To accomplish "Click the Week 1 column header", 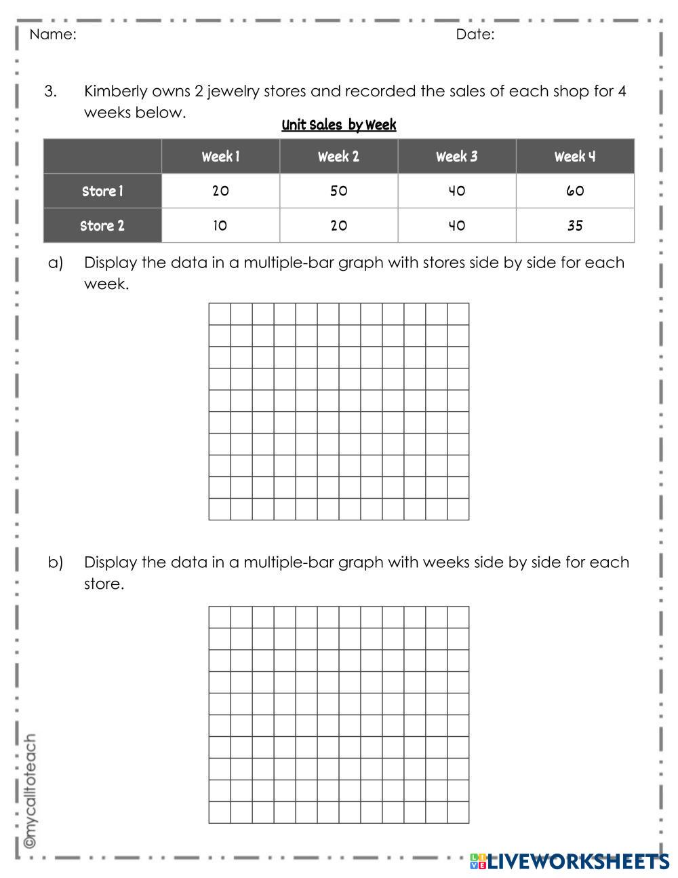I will click(x=220, y=157).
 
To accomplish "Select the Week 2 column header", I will click(x=338, y=157).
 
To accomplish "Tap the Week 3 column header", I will click(x=456, y=157).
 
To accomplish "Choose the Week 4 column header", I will click(x=574, y=157).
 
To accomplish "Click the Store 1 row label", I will click(x=102, y=191).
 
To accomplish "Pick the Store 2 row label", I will click(x=102, y=226).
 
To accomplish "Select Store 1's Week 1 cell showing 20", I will click(x=220, y=191).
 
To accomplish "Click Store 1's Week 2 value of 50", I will click(x=338, y=191).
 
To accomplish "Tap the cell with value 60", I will click(x=574, y=191).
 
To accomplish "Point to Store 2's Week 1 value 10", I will click(x=220, y=226).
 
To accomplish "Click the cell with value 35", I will click(x=574, y=226).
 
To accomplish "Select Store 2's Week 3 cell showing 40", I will click(x=456, y=226).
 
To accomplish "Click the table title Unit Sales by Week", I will click(x=338, y=125).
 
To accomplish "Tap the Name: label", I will click(x=53, y=35).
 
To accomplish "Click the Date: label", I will click(x=475, y=35).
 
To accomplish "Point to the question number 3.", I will click(x=50, y=91).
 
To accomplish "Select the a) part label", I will click(x=55, y=263).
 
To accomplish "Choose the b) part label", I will click(x=55, y=562).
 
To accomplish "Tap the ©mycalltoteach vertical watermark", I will click(x=30, y=791).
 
